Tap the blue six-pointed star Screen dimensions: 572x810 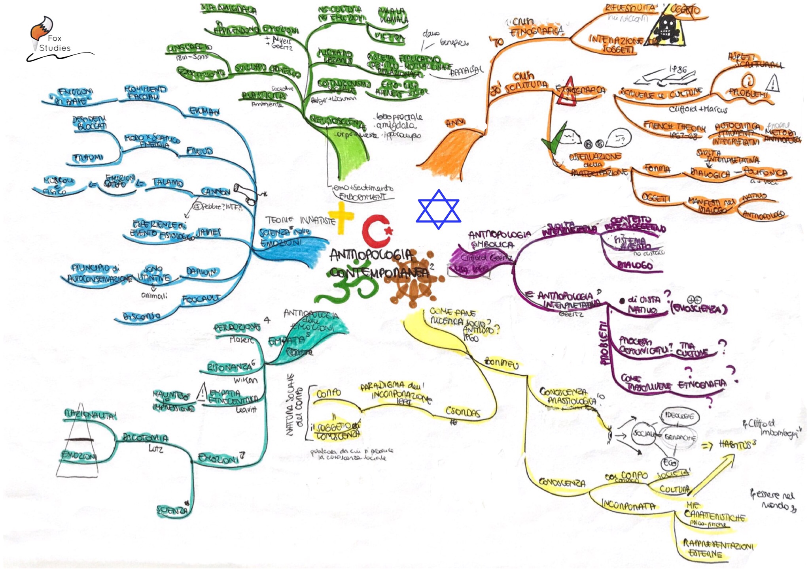(x=438, y=209)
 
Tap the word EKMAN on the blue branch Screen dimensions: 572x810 (x=204, y=111)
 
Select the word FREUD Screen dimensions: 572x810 (x=200, y=151)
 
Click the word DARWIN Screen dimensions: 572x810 (x=201, y=272)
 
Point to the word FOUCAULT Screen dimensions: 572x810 (x=201, y=299)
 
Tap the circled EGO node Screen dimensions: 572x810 (x=669, y=463)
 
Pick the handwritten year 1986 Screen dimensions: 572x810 (x=677, y=70)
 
